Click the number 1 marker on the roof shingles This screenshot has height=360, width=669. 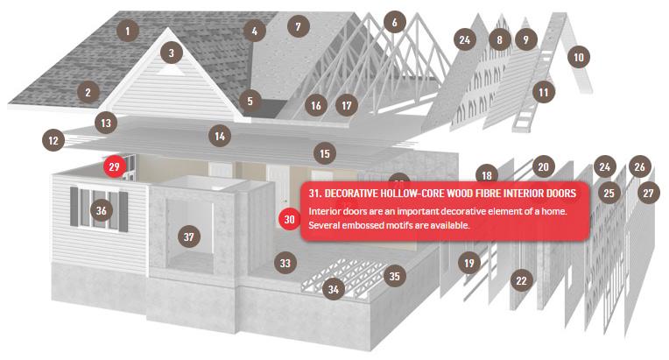[127, 31]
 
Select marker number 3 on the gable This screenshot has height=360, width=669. [172, 53]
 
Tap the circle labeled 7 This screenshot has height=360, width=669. [299, 26]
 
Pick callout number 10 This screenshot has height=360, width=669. [579, 57]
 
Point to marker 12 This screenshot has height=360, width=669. [53, 140]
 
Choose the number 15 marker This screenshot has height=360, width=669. [325, 153]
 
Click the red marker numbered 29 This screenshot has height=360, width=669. [115, 166]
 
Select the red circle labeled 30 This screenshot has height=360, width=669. [290, 219]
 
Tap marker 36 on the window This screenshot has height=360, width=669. [101, 210]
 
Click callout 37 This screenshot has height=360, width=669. [188, 236]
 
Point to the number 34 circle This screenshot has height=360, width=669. [334, 290]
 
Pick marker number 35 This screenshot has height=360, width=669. [395, 276]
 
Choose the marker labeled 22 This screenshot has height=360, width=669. [521, 280]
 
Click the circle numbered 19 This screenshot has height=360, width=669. [469, 263]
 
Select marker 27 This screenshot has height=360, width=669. [649, 193]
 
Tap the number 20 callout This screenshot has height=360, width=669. [543, 166]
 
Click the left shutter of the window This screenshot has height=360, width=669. [74, 206]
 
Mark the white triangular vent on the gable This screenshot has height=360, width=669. [171, 70]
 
